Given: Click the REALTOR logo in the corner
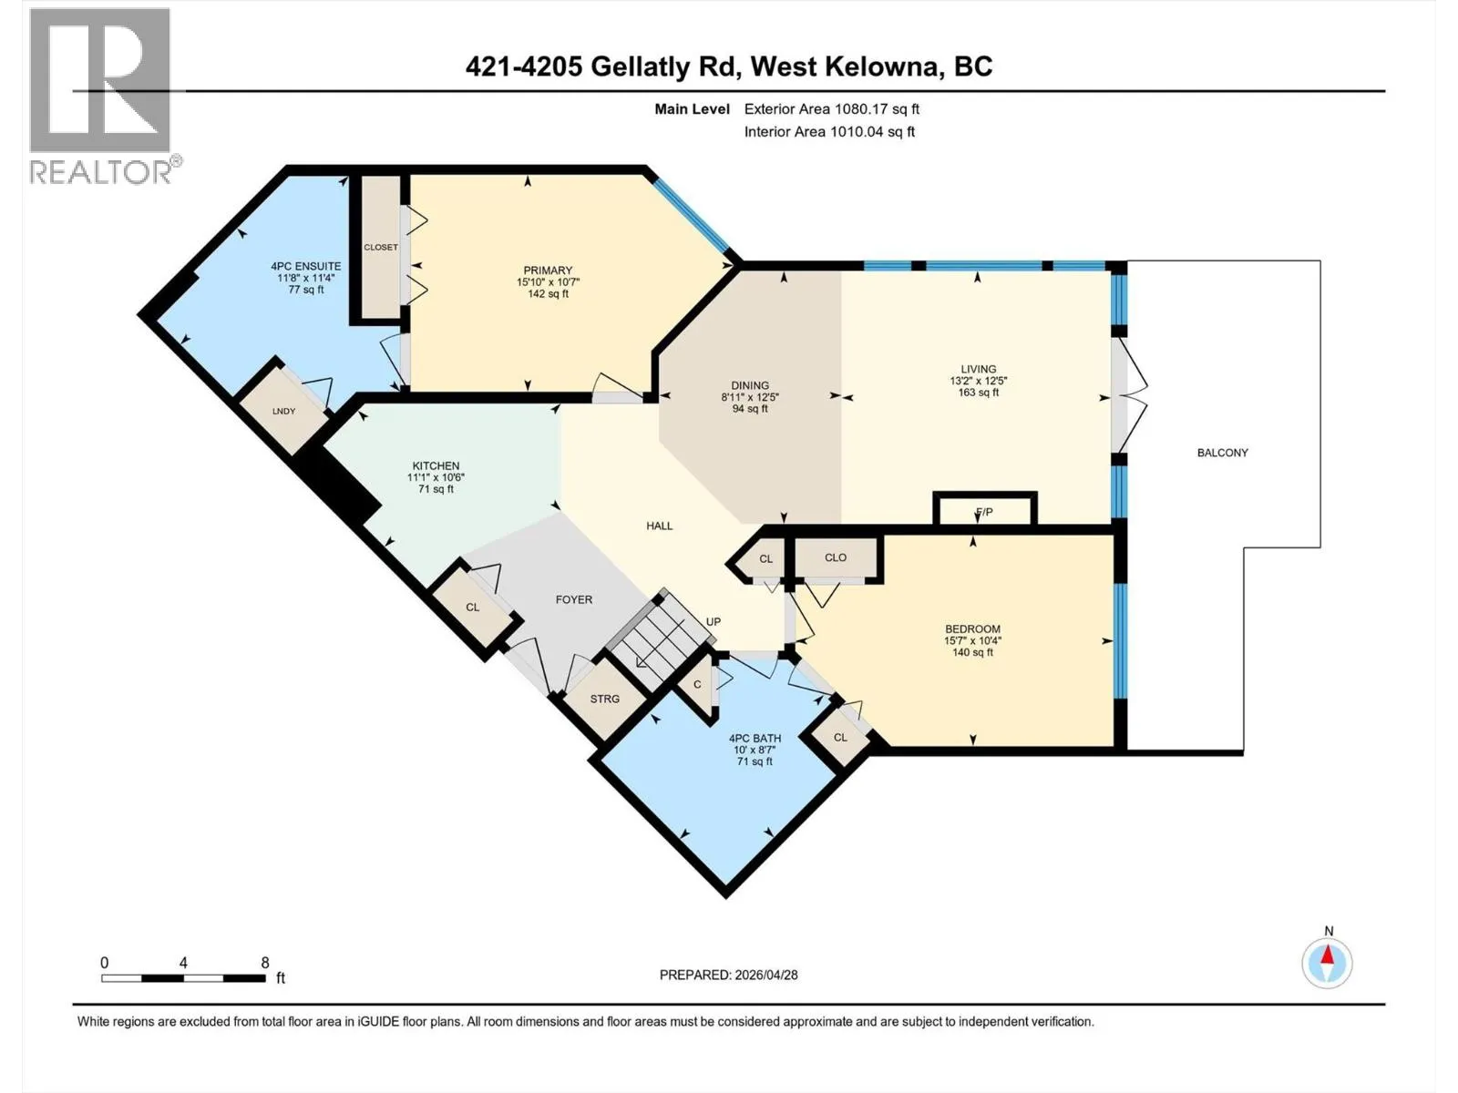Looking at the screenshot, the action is click(101, 96).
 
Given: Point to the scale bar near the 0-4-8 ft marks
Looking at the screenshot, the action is click(184, 978).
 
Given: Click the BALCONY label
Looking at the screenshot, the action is click(1222, 453).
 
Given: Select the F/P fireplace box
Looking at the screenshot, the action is click(984, 510).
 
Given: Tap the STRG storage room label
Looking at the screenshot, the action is click(604, 699).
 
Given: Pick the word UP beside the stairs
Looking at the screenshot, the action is click(713, 622).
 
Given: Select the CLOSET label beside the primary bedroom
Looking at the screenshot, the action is click(381, 248).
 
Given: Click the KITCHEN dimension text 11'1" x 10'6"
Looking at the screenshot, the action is click(436, 477).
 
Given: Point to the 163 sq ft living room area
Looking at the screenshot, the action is click(979, 393).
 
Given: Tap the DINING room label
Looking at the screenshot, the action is click(750, 385).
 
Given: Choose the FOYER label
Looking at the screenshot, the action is click(574, 600).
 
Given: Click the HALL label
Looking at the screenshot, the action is click(660, 526).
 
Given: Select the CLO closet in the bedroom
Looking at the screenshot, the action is click(835, 558).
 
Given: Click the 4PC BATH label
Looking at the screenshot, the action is click(755, 738).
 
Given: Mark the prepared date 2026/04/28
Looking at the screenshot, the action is click(765, 975).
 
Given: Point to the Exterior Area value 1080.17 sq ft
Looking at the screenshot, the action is click(874, 108).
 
